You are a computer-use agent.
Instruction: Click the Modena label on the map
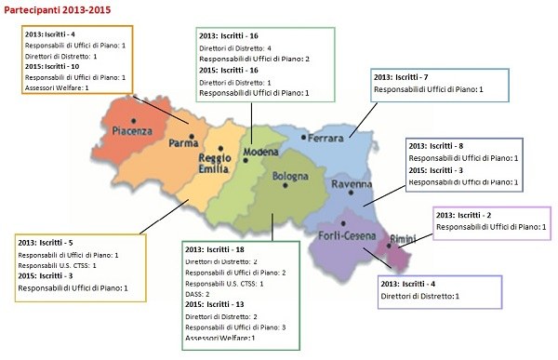click(x=259, y=152)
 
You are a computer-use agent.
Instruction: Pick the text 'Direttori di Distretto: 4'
click(x=235, y=47)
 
